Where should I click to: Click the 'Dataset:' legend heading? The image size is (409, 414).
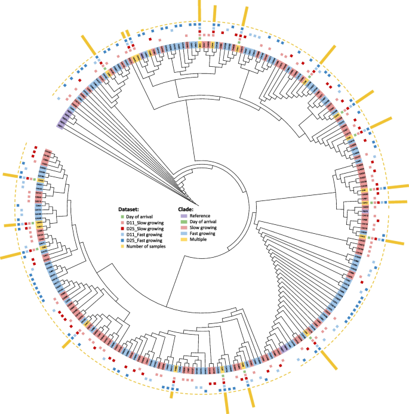129,209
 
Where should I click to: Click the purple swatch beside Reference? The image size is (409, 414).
184,216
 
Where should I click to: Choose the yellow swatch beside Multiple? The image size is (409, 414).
184,240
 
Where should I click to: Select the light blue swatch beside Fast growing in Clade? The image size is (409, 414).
184,234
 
